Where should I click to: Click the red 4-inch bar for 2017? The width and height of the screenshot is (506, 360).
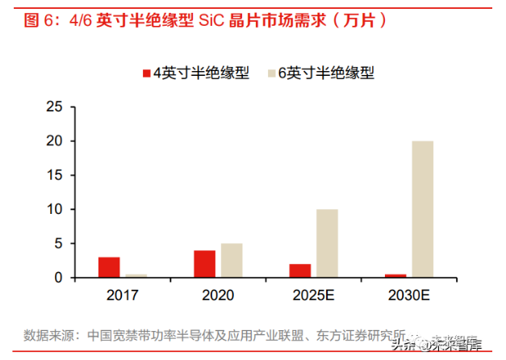coord(109,267)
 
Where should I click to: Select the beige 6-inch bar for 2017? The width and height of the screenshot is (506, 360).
coord(136,276)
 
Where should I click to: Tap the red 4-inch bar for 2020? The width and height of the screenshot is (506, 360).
coord(204,264)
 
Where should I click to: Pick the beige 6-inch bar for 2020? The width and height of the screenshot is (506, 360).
coord(232,261)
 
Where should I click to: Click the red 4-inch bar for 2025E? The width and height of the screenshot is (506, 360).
coord(299,270)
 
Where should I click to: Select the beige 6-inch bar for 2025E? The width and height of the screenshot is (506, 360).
coord(327,244)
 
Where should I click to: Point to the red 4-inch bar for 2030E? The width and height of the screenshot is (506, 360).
coord(395,276)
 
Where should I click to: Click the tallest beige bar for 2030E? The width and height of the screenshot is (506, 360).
coord(422,210)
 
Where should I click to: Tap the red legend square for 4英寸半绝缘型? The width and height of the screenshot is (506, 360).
coord(147,73)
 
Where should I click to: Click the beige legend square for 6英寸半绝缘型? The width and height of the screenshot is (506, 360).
coord(270,73)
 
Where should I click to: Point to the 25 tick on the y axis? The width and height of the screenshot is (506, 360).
coord(54,107)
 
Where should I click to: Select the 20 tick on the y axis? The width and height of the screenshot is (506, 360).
coord(54,141)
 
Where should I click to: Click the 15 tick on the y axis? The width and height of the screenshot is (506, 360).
coord(54,175)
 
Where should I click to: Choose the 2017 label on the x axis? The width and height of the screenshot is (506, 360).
coord(123,295)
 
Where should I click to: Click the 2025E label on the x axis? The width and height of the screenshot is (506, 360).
coord(313,295)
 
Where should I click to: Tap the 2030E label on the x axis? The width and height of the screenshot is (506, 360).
coord(408,295)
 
